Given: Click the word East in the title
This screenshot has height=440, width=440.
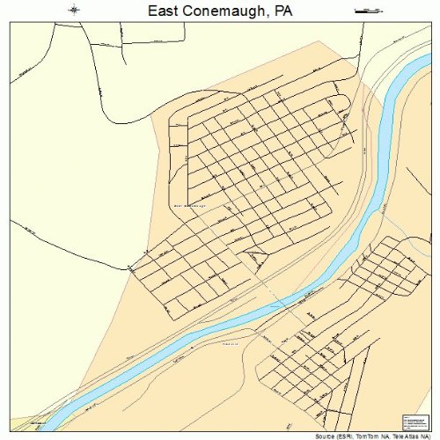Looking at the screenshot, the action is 164,11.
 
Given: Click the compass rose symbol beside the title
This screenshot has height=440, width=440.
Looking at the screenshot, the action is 75,10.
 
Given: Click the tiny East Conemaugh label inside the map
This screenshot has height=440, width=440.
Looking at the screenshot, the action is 189,205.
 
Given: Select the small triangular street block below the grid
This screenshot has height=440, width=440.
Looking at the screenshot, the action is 256,258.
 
